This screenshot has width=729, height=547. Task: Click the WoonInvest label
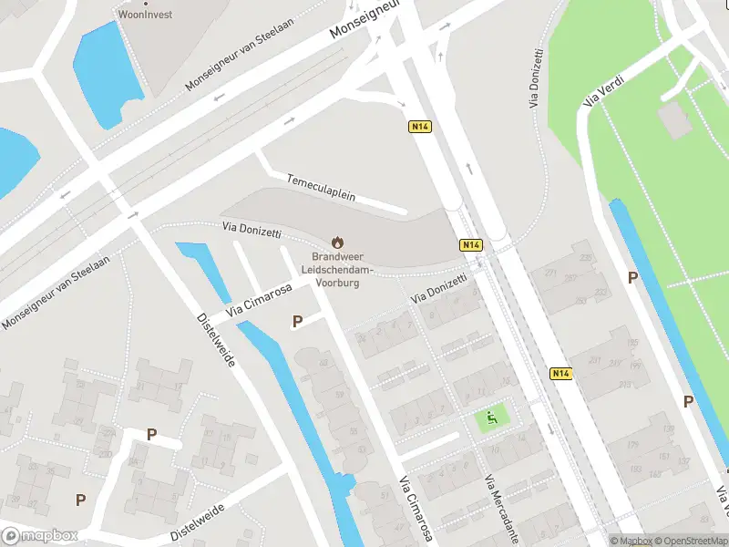point(145,15)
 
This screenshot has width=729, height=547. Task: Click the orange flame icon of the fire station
point(337,243)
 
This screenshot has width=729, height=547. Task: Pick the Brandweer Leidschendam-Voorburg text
point(336,270)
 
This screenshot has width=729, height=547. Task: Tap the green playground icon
point(492,419)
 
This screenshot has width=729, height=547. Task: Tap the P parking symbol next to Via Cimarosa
point(297,321)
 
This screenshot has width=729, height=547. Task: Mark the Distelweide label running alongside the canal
point(216,340)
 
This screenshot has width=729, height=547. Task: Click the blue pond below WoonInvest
point(108,68)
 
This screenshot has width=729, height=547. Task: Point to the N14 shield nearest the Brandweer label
point(470,245)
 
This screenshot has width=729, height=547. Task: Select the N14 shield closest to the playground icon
point(562,373)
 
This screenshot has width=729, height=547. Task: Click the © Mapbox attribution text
point(631,542)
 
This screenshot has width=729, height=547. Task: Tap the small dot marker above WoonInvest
point(145,3)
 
